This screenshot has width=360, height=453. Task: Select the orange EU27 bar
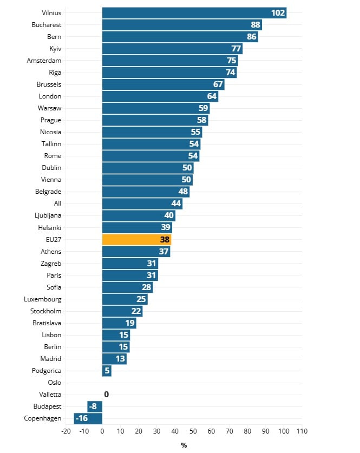tap(136, 239)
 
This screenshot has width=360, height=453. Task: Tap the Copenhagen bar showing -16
tap(88, 418)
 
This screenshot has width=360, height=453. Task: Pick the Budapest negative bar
tap(94, 406)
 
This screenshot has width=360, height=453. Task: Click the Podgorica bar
tap(107, 371)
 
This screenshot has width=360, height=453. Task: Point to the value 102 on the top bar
tap(278, 13)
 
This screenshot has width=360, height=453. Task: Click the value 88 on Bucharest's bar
tap(256, 25)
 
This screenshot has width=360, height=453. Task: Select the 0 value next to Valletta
tap(106, 395)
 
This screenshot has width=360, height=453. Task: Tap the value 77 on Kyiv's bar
tap(236, 49)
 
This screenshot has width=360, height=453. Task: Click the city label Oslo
tap(54, 383)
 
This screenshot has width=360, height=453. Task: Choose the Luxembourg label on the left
tap(42, 299)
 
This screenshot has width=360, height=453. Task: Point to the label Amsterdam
tap(44, 61)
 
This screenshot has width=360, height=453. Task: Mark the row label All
tap(57, 203)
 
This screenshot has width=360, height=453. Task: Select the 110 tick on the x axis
tap(302, 431)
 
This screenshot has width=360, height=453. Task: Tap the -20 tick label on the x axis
tap(66, 431)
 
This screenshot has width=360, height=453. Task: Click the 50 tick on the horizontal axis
tap(193, 431)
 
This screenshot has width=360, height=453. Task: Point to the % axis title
tap(184, 445)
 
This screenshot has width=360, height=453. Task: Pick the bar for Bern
tap(180, 37)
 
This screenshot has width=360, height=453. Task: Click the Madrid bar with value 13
tap(114, 359)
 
